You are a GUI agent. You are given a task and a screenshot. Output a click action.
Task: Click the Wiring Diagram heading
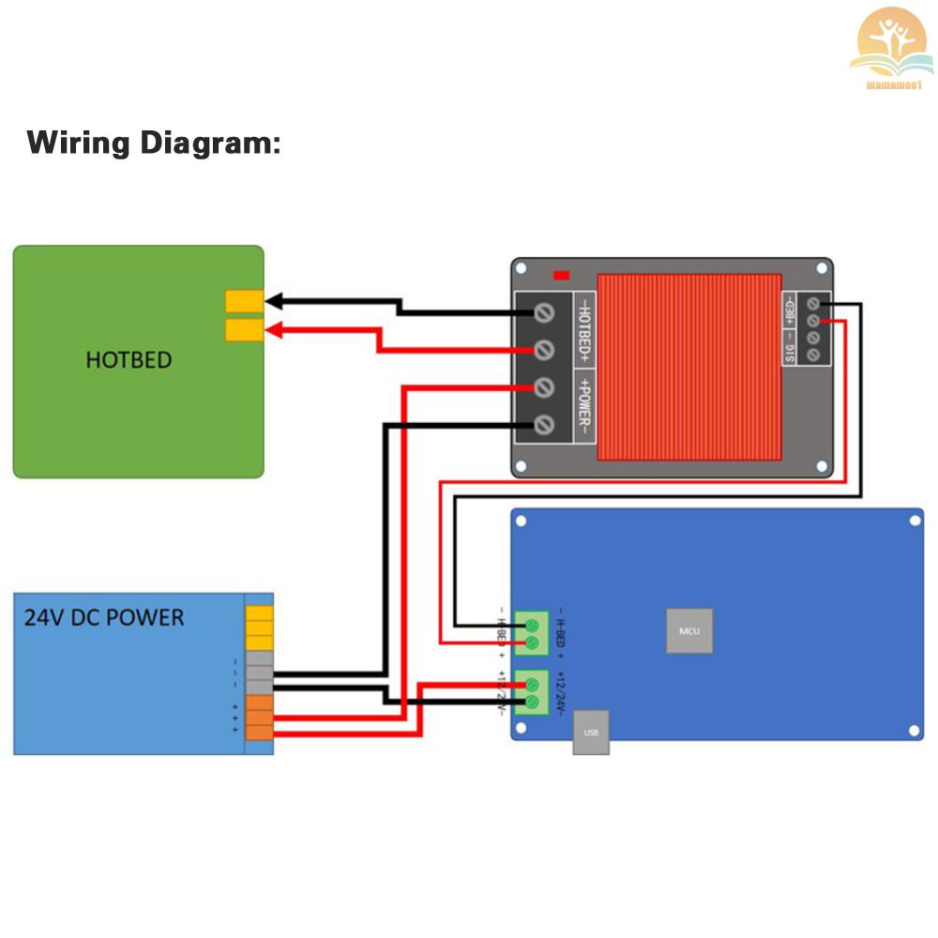pyautogui.click(x=153, y=144)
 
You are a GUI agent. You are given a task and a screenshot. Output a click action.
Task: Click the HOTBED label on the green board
pyautogui.click(x=129, y=359)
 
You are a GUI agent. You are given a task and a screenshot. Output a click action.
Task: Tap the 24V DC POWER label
pyautogui.click(x=104, y=617)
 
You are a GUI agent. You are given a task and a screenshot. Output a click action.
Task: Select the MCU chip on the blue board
pyautogui.click(x=689, y=631)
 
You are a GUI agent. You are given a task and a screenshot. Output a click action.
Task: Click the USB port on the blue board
pyautogui.click(x=591, y=732)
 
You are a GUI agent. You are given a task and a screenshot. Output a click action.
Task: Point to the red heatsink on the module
pyautogui.click(x=689, y=367)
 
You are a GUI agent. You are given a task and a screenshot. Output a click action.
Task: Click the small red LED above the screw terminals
pyautogui.click(x=562, y=275)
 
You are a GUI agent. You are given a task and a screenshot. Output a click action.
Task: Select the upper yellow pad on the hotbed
pyautogui.click(x=244, y=301)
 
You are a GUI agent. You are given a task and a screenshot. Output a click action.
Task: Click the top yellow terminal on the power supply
pyautogui.click(x=259, y=614)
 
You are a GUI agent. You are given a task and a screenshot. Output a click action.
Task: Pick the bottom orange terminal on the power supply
pyautogui.click(x=259, y=732)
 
